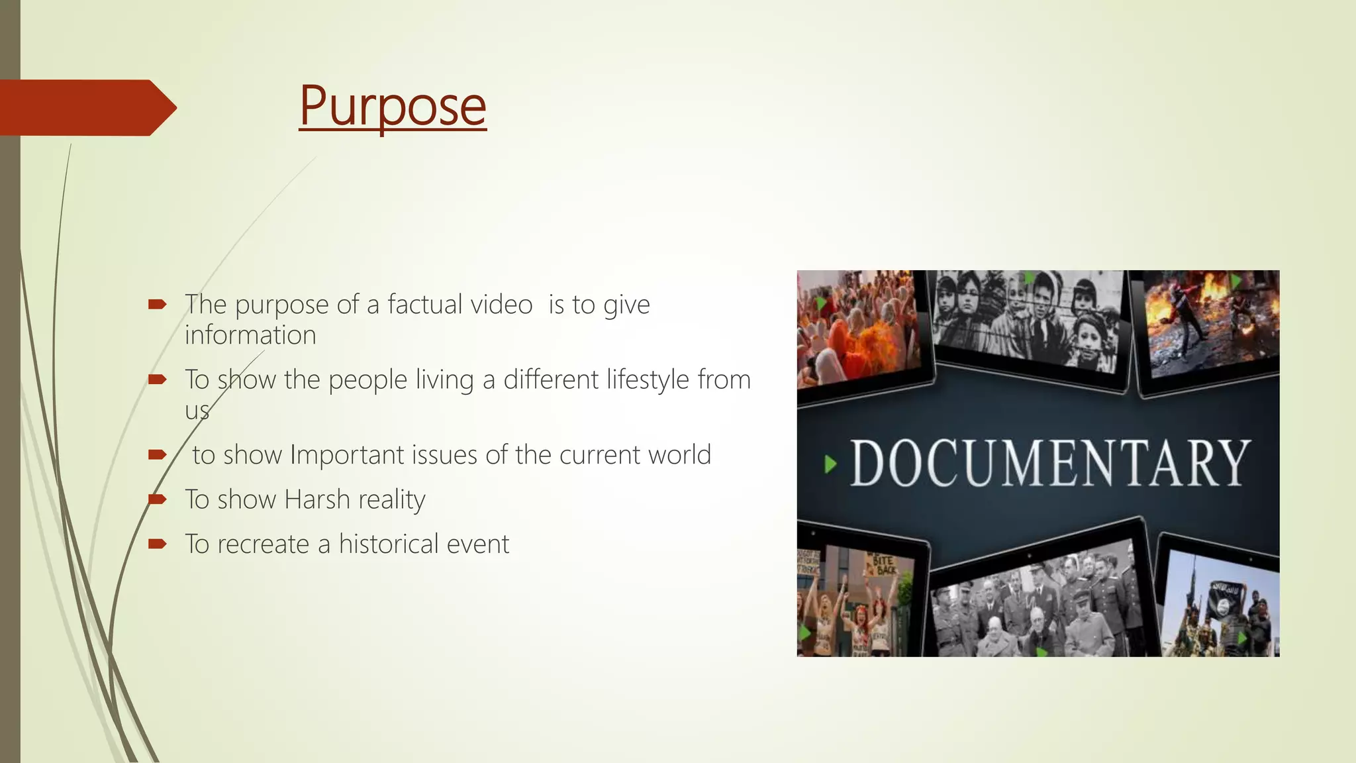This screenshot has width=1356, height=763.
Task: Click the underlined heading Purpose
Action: coord(393,106)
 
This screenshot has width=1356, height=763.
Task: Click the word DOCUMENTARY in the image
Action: coord(1050,464)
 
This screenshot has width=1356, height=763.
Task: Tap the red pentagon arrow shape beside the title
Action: coord(86,108)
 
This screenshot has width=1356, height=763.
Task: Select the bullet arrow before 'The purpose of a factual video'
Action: coord(157,305)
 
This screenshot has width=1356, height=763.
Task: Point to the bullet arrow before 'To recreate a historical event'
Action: coord(157,544)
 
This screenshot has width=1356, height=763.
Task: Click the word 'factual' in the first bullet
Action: coord(424,305)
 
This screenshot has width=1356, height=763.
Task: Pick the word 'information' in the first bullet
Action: coord(250,335)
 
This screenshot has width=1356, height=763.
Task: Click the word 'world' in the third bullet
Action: coord(679,455)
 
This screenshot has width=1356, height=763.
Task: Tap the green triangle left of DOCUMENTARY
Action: coord(830,464)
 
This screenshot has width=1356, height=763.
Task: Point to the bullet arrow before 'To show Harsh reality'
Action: coord(157,499)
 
